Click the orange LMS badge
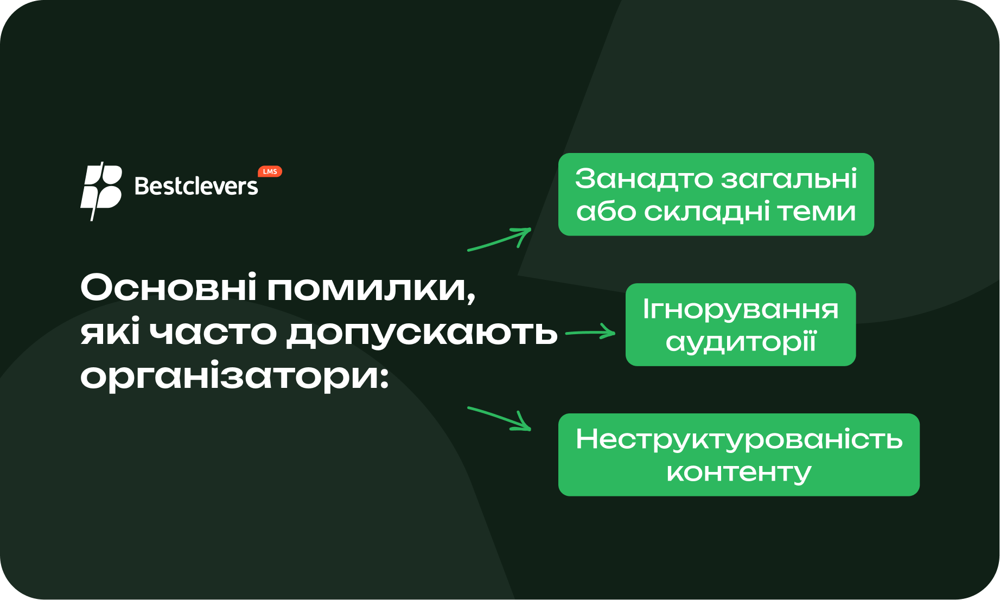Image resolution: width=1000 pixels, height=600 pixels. click(x=270, y=171)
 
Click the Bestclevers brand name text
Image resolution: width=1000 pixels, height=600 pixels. click(x=196, y=186)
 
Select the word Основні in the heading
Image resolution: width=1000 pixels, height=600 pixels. click(x=168, y=287)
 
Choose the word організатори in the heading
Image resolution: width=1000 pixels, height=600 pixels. click(x=234, y=375)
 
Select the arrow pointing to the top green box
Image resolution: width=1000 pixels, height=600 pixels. click(x=499, y=239)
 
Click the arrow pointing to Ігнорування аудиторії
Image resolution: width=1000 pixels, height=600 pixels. click(x=590, y=332)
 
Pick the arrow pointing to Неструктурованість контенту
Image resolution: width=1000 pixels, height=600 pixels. click(x=499, y=418)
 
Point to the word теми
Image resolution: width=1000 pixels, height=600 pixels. click(x=817, y=212)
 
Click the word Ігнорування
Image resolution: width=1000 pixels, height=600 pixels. click(x=741, y=310)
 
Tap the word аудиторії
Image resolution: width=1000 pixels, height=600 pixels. click(x=741, y=342)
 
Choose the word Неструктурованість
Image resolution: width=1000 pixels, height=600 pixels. click(x=739, y=439)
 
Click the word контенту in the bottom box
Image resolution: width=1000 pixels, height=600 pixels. click(x=739, y=473)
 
